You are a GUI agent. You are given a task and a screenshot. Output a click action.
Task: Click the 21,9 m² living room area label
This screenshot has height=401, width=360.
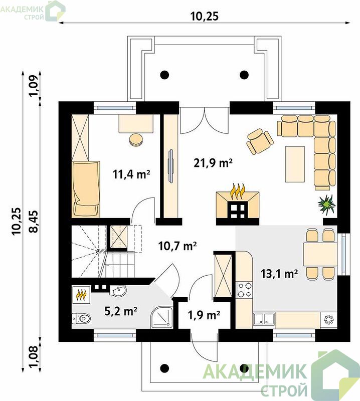pyautogui.click(x=213, y=162)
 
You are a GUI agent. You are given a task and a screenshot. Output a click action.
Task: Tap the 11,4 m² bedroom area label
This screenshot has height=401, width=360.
pyautogui.click(x=131, y=174)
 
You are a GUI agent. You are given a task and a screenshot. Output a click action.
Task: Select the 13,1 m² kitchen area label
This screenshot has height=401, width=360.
pyautogui.click(x=279, y=274)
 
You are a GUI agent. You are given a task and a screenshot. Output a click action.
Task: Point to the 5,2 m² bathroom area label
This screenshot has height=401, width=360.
pyautogui.click(x=121, y=311)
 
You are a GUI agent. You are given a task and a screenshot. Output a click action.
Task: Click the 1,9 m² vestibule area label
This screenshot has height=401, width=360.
pyautogui.click(x=204, y=315)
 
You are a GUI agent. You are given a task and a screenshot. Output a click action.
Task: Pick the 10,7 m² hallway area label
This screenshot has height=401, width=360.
pyautogui.click(x=177, y=246)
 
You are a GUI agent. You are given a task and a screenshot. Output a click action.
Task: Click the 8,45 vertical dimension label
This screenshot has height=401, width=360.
pyautogui.click(x=34, y=221)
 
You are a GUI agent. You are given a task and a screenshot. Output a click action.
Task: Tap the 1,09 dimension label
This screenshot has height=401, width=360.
pyautogui.click(x=34, y=86)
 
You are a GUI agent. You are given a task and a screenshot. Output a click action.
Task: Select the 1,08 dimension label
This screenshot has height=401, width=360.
pyautogui.click(x=34, y=356)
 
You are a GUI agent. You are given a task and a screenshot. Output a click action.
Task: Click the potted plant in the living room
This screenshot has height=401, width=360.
pyautogui.click(x=326, y=204)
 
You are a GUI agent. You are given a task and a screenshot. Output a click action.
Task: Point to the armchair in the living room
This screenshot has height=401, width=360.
pyautogui.click(x=259, y=141)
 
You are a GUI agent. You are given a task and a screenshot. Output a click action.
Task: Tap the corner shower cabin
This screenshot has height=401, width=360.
pyautogui.click(x=162, y=317)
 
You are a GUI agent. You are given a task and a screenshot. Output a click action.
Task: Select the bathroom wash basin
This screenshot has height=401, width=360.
pyautogui.click(x=119, y=291)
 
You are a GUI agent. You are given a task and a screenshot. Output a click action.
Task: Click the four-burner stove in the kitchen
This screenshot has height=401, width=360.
pyautogui.click(x=244, y=290)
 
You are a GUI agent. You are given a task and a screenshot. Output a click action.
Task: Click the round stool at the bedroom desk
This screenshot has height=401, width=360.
pyautogui.click(x=136, y=140)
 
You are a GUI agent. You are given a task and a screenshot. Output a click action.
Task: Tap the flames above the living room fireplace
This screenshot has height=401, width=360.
pyautogui.click(x=238, y=191)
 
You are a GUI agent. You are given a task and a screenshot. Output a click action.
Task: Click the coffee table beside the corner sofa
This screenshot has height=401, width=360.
pyautogui.click(x=295, y=164)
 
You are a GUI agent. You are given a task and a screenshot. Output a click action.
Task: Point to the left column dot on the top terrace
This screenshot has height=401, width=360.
pyautogui.click(x=164, y=75)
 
